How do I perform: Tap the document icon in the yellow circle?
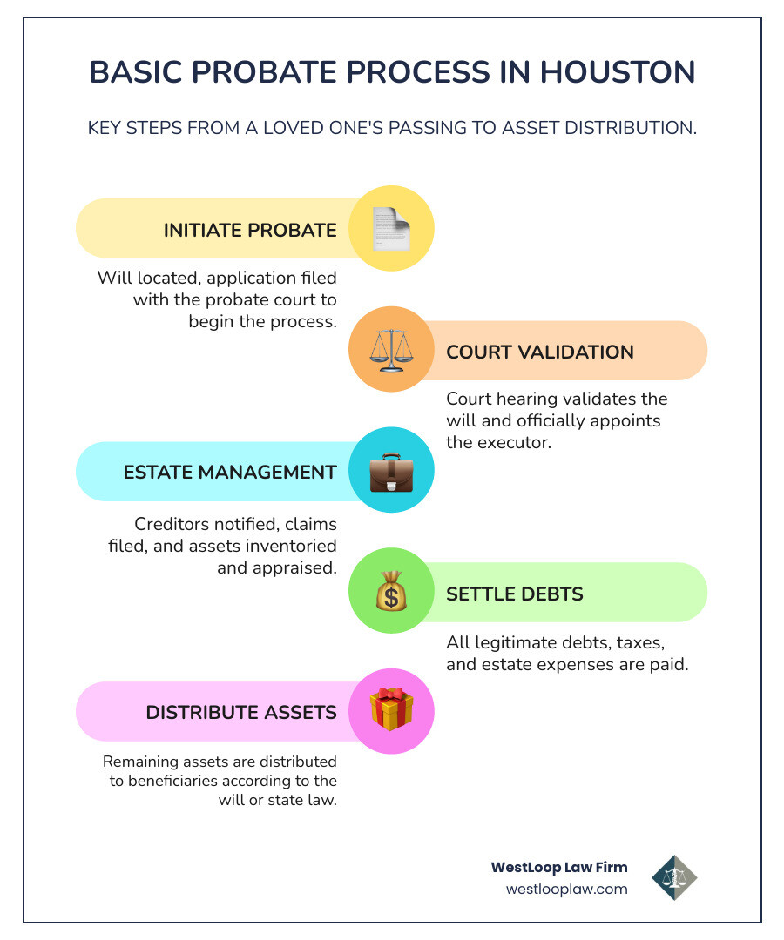click(x=391, y=230)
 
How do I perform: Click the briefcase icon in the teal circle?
click(x=391, y=472)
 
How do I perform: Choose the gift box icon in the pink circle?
click(x=391, y=711)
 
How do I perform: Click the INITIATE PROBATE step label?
click(x=250, y=231)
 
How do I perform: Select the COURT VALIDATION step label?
click(x=540, y=352)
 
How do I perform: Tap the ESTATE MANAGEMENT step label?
click(x=230, y=473)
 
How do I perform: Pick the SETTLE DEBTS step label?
click(x=514, y=594)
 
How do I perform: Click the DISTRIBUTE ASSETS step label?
click(x=241, y=713)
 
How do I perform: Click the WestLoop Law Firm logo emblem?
click(x=674, y=877)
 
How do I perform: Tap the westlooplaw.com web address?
click(x=566, y=890)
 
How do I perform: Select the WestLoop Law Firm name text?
click(x=559, y=867)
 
